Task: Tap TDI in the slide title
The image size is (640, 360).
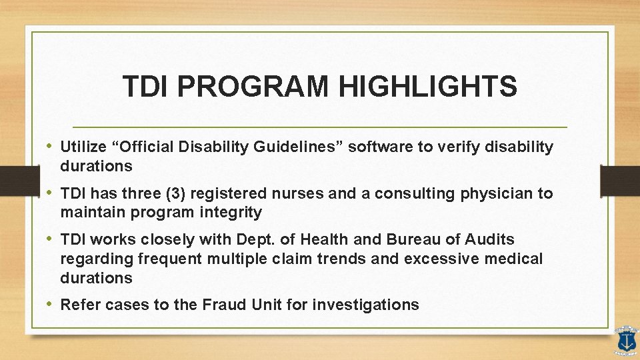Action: click(142, 87)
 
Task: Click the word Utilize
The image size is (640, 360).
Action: click(83, 147)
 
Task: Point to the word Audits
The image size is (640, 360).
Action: click(491, 239)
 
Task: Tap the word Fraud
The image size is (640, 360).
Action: click(221, 305)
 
